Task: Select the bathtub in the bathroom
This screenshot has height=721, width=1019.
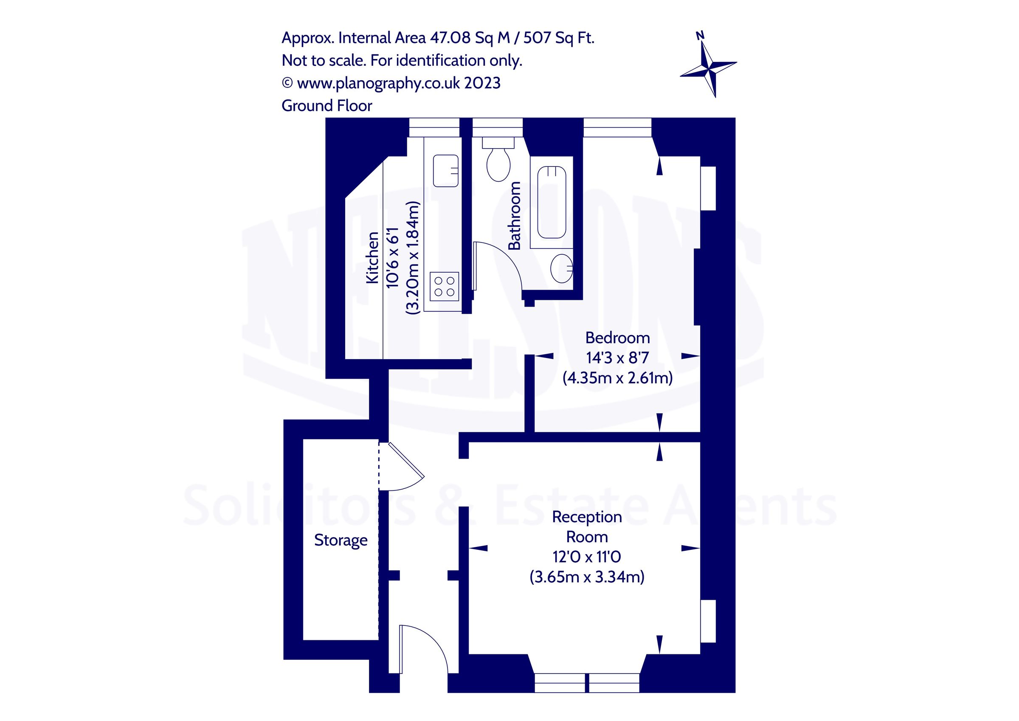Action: point(551,203)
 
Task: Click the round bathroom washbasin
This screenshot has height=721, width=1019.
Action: point(561,268)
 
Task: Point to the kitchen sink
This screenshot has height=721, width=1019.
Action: point(445,170)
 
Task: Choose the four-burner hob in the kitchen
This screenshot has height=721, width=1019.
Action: point(444,286)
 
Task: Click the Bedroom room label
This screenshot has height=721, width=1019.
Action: point(617,338)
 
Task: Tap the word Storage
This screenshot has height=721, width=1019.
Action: point(341,540)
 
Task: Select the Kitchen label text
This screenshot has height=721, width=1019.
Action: point(372,257)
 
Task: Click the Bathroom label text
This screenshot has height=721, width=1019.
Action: point(514,216)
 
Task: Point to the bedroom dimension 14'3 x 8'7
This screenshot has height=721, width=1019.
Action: point(617,358)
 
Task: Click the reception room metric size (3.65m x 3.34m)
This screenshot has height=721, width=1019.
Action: point(587,577)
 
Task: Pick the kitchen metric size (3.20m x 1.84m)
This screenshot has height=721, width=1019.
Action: point(413,257)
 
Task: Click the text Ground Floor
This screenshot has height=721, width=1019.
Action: point(327,106)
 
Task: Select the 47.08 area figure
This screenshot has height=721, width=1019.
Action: point(450,38)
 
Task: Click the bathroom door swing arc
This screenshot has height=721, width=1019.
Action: point(506,262)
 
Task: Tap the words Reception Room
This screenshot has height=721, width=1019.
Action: point(587,527)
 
